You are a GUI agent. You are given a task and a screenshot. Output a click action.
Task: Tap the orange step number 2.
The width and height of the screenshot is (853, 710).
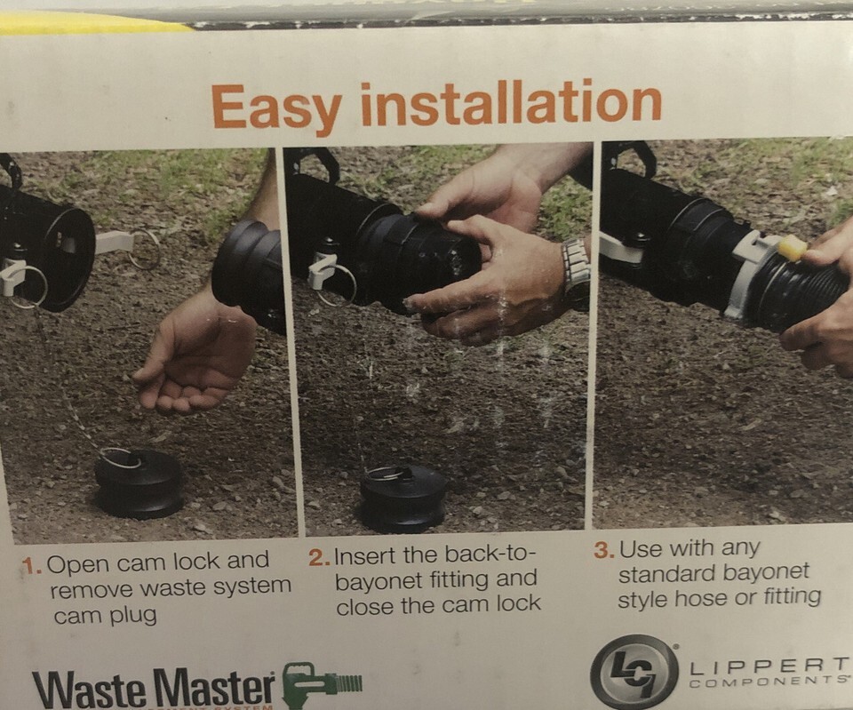[x=319, y=558]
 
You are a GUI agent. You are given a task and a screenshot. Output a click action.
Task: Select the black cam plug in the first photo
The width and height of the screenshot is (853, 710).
[x=139, y=483]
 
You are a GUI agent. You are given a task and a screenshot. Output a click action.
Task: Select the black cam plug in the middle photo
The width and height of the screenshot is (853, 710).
[x=403, y=498]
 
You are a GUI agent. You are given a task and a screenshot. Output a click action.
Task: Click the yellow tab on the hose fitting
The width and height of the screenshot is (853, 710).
[x=792, y=249]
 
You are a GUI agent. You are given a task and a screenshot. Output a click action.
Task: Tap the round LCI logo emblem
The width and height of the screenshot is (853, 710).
[x=634, y=673]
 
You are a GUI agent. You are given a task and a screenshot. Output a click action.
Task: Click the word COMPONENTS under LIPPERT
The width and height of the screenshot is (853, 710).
[x=768, y=682]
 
